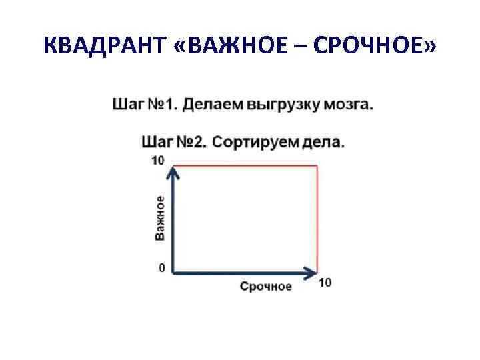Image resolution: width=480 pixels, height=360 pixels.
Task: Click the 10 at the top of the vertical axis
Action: pos(157,160)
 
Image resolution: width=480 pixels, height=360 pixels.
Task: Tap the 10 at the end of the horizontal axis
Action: pos(325,282)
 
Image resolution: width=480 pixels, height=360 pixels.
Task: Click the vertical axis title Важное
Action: pos(159,218)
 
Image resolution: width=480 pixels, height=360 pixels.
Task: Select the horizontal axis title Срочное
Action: pos(266,286)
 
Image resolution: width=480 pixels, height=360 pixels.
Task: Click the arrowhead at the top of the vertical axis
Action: pos(173,173)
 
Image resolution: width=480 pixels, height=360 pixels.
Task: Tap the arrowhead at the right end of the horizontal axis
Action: pos(310,272)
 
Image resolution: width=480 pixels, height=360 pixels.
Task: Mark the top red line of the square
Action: pos(247,165)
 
